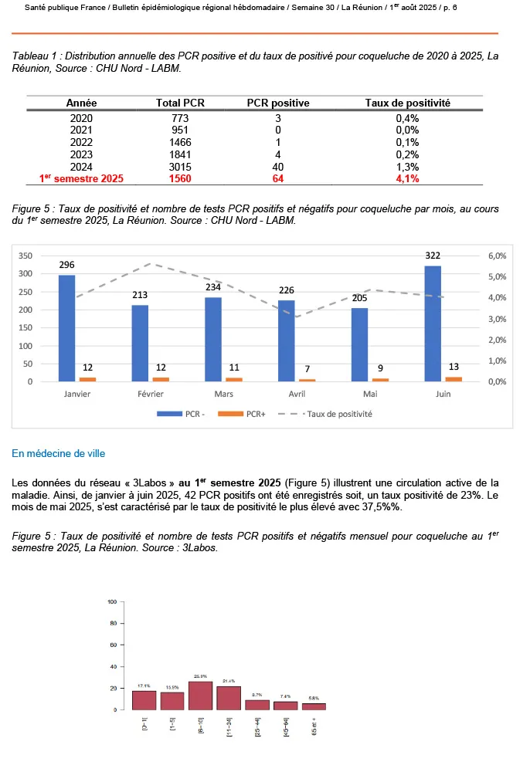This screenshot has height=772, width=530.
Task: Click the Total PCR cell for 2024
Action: tap(179, 167)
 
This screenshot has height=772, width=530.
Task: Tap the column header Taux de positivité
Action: tap(407, 103)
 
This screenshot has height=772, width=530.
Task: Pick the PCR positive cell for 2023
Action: tap(278, 154)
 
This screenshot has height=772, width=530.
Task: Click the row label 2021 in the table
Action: tap(81, 130)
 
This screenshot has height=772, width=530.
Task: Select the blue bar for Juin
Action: tap(433, 323)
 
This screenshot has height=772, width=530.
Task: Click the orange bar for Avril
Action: tap(307, 380)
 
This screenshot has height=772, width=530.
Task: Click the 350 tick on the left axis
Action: tap(25, 256)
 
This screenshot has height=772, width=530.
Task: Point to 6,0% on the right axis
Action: tap(496, 256)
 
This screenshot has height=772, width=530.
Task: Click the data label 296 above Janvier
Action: tap(67, 265)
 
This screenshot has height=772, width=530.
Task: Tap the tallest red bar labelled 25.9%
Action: tap(200, 695)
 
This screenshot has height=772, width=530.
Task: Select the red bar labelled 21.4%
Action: tap(229, 697)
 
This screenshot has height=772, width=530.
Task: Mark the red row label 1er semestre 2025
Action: tap(81, 179)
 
